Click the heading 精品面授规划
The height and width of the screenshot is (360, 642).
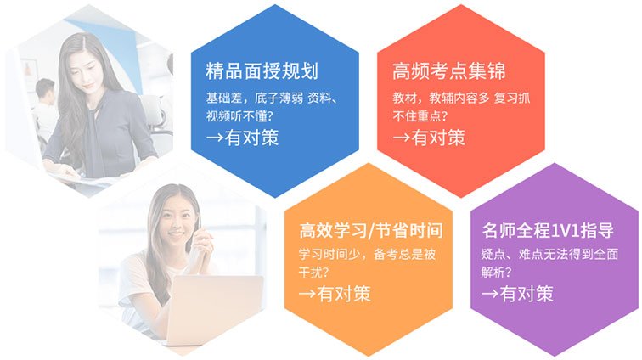[x=262, y=70]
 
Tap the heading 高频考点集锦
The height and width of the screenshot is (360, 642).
[x=448, y=70]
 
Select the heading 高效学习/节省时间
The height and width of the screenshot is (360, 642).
[x=370, y=230]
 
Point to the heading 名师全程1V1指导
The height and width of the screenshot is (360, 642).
[x=548, y=230]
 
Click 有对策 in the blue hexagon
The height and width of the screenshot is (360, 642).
[x=252, y=138]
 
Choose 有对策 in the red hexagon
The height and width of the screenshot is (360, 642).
[x=438, y=138]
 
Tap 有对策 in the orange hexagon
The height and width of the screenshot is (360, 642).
[x=344, y=294]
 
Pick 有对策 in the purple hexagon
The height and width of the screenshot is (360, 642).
[x=527, y=294]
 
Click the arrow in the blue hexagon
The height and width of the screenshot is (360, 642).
[x=215, y=138]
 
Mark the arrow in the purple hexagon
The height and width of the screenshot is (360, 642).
[x=490, y=294]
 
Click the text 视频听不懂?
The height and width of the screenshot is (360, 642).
[x=239, y=116]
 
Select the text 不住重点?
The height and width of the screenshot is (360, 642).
[x=420, y=116]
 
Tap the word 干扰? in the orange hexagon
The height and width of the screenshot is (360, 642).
[x=314, y=273]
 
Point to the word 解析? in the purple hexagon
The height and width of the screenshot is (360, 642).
[x=497, y=273]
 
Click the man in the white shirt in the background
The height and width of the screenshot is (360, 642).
[x=44, y=110]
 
